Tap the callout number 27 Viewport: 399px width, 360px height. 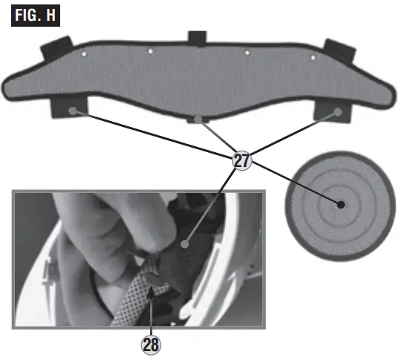coord(241,160)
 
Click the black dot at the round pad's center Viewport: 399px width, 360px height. coord(340,204)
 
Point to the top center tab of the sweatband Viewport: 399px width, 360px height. coord(196,38)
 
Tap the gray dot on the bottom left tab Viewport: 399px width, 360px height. coord(74,110)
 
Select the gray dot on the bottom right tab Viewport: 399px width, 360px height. coord(337,111)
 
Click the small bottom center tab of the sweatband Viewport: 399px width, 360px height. coord(198,119)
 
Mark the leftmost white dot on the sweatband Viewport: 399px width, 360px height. coord(84,54)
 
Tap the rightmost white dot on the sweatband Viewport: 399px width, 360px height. coord(313,57)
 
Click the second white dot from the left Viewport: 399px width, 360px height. coord(151,51)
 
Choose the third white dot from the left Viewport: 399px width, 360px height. coord(247,52)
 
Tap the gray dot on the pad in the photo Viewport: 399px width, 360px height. coord(184,243)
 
